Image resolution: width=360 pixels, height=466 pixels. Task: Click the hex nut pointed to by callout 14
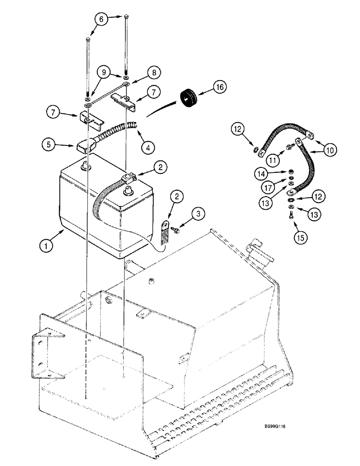click(x=290, y=172)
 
